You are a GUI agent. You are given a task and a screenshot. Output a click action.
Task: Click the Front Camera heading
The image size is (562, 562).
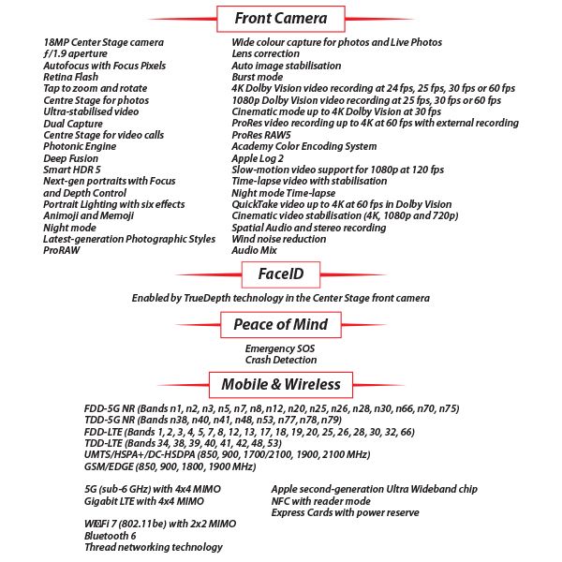(x=280, y=18)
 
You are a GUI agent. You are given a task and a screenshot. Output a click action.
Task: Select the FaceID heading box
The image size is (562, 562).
(x=280, y=274)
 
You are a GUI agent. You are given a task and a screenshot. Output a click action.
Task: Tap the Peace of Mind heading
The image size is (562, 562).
(x=280, y=325)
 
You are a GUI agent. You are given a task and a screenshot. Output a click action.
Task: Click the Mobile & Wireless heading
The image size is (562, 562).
(x=280, y=385)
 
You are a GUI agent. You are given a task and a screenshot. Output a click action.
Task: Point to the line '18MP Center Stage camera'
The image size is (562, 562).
(x=103, y=43)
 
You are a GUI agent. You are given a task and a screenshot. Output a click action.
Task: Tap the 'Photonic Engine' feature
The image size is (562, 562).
(x=80, y=147)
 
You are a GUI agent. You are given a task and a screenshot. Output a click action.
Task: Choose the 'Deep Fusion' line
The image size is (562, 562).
(x=70, y=158)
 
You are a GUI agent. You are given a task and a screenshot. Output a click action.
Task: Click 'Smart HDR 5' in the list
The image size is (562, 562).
(x=73, y=170)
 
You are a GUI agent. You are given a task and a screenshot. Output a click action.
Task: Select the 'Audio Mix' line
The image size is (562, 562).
(x=256, y=250)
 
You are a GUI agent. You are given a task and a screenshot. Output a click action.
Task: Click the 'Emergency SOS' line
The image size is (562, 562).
(x=280, y=348)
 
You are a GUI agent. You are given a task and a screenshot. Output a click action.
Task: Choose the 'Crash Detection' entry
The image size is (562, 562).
(x=280, y=360)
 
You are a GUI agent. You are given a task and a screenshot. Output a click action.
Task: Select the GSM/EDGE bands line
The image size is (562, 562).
(x=170, y=466)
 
